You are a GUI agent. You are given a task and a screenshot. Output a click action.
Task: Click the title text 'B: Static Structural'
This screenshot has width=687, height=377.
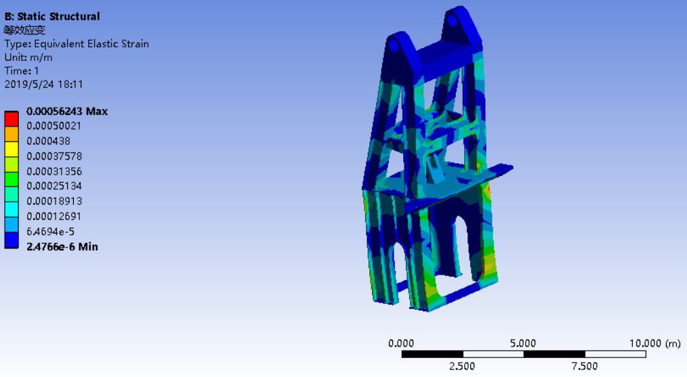tap(52, 17)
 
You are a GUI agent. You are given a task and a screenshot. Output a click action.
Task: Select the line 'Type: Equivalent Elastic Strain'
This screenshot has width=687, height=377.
tap(77, 44)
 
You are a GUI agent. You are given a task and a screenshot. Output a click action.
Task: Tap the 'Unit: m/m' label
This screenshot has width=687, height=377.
tap(28, 58)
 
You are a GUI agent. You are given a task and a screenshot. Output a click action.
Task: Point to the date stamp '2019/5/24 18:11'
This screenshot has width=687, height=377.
tap(43, 84)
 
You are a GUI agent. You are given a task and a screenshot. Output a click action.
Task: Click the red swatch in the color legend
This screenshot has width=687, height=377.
tap(12, 119)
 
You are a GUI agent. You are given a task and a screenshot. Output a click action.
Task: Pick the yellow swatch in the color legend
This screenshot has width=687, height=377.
tap(12, 150)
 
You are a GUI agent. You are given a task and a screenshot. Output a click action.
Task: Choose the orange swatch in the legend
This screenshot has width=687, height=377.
tap(12, 134)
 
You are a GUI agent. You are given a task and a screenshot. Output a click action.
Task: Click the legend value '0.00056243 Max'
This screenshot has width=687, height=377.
tap(67, 111)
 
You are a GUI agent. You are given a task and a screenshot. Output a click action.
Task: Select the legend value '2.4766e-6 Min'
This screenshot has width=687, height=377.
tap(62, 246)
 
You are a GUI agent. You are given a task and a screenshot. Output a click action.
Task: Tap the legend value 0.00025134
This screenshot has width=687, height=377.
tap(54, 186)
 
